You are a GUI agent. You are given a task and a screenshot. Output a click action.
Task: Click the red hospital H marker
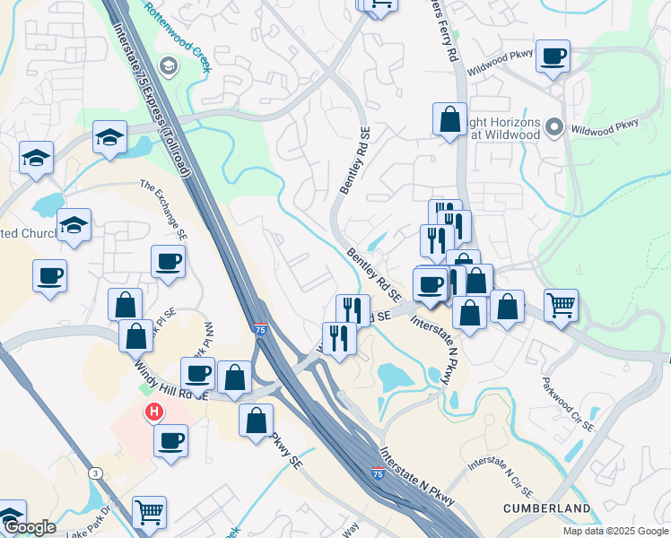pyautogui.click(x=154, y=412)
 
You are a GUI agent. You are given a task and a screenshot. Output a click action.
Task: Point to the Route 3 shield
pyautogui.click(x=94, y=473)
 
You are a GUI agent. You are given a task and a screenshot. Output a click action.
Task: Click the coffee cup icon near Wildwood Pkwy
pyautogui.click(x=553, y=56)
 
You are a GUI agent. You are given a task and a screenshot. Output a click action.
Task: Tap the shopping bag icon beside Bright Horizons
pyautogui.click(x=449, y=118)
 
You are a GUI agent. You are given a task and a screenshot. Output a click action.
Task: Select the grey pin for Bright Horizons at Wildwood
pyautogui.click(x=554, y=128)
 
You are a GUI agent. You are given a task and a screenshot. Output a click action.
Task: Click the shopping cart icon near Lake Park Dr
pyautogui.click(x=150, y=512)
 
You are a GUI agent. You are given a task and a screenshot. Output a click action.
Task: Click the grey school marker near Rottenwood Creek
pyautogui.click(x=168, y=65)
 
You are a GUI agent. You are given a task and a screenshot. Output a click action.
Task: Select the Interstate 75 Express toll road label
pyautogui.click(x=151, y=99)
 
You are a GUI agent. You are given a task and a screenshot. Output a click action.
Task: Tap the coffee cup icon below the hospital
pyautogui.click(x=170, y=440)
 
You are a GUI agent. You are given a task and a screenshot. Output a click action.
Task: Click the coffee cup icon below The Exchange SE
pyautogui.click(x=168, y=262)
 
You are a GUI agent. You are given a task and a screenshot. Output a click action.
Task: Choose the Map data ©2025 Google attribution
pyautogui.click(x=615, y=531)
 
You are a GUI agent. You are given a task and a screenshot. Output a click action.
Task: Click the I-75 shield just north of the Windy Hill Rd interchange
pyautogui.click(x=259, y=331)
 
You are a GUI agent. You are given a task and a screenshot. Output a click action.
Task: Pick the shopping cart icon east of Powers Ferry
pyautogui.click(x=561, y=305)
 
